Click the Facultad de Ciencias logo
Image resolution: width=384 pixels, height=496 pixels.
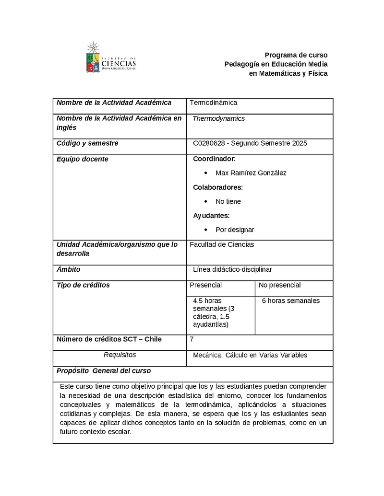(111, 58)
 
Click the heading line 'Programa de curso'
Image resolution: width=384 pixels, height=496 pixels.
(296, 55)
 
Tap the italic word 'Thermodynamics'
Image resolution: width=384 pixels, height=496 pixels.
(218, 119)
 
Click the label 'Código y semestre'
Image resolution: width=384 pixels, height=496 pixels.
(87, 143)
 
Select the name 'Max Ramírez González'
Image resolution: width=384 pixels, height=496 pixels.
(251, 173)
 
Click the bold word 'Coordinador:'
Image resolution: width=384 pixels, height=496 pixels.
(214, 159)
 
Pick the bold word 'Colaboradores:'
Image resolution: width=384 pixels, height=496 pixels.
(218, 187)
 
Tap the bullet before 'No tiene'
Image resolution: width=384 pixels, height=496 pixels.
(205, 202)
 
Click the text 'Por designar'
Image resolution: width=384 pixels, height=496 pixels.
(235, 230)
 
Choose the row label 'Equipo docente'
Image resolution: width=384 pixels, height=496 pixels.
(83, 159)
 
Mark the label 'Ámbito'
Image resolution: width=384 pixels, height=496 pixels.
(69, 269)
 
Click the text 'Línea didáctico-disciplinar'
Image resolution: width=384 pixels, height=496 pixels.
(232, 269)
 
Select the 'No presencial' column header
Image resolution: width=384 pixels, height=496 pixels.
(280, 285)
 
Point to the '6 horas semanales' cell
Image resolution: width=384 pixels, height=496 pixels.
(290, 301)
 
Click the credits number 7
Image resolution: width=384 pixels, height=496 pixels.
(192, 339)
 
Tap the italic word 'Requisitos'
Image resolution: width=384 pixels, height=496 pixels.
(120, 355)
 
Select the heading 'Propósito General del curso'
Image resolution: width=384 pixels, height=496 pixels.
(104, 371)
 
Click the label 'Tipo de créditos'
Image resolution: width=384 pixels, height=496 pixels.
(83, 285)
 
